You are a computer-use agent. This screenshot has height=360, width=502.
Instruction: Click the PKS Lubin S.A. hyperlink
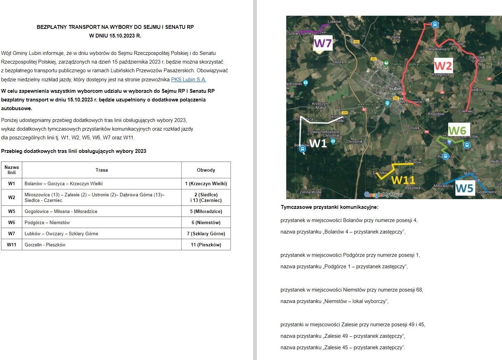pyautogui.click(x=189, y=80)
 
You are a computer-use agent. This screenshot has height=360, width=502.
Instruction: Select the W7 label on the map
pyautogui.click(x=323, y=43)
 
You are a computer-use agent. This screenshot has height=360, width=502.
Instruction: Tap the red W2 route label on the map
pyautogui.click(x=443, y=66)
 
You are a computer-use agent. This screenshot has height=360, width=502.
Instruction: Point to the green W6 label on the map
pyautogui.click(x=457, y=131)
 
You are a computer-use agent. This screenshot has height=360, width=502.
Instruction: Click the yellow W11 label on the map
pyautogui.click(x=403, y=180)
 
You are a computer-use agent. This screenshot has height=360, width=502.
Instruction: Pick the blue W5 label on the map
pyautogui.click(x=464, y=188)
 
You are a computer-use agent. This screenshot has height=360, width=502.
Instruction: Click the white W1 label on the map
pyautogui.click(x=318, y=144)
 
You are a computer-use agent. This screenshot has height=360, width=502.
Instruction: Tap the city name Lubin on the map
pyautogui.click(x=395, y=89)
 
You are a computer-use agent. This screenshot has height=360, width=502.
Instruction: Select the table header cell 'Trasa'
pyautogui.click(x=102, y=170)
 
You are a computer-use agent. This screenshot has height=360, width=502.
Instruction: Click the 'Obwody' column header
pyautogui.click(x=206, y=170)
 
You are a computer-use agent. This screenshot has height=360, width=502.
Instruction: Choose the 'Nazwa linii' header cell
pyautogui.click(x=12, y=170)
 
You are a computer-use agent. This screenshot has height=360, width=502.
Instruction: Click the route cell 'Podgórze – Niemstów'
pyautogui.click(x=47, y=222)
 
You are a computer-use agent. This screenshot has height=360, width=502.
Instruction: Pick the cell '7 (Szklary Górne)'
pyautogui.click(x=206, y=234)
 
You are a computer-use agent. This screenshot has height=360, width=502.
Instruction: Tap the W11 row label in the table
pyautogui.click(x=12, y=245)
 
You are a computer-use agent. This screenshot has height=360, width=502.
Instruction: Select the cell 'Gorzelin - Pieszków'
pyautogui.click(x=45, y=245)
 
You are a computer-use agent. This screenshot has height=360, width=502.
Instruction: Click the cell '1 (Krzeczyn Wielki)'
pyautogui.click(x=206, y=183)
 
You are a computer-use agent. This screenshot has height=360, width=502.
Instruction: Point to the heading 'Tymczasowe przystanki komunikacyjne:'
pyautogui.click(x=329, y=207)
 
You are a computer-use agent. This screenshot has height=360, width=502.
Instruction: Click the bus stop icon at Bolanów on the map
pyautogui.click(x=302, y=149)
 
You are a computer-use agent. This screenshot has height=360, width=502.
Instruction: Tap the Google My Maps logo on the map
pyautogui.click(x=383, y=195)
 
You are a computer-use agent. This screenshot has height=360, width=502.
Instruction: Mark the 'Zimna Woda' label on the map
pyautogui.click(x=310, y=192)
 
